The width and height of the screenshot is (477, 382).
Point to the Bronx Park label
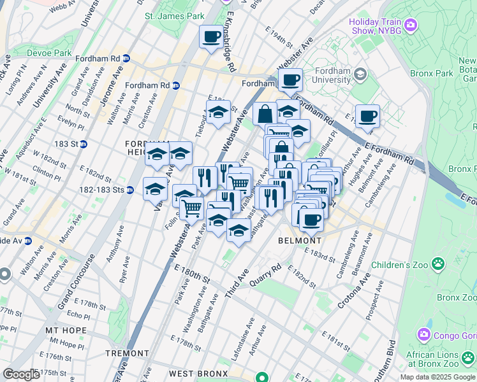(432, 73)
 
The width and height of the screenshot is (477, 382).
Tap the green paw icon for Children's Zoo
(438, 264)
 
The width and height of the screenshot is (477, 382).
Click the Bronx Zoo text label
(456, 297)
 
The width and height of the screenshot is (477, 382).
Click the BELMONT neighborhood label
(300, 241)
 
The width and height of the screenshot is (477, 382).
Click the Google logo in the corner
(21, 374)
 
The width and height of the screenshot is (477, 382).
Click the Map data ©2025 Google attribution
(437, 377)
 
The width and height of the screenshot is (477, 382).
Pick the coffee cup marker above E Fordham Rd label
(367, 117)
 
